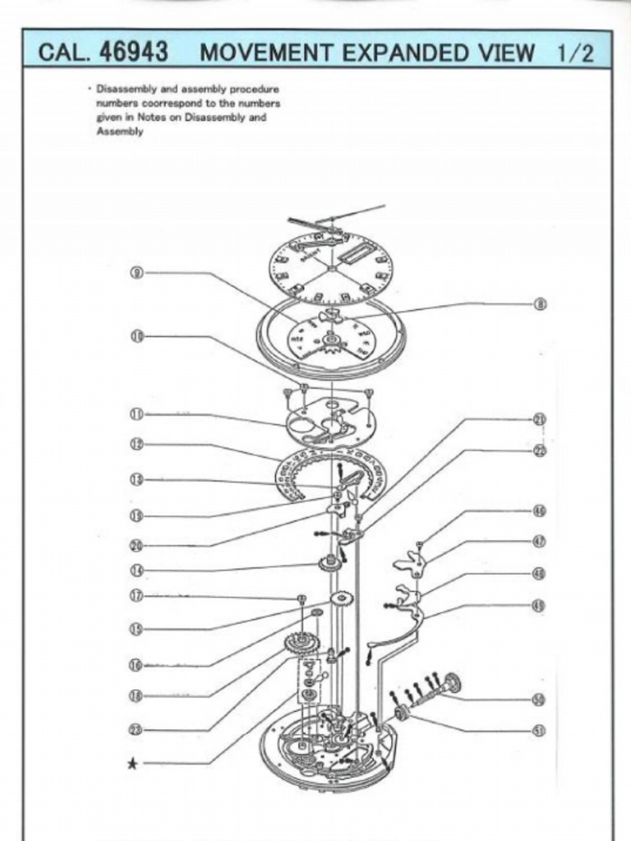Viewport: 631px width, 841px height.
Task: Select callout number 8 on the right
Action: point(540,304)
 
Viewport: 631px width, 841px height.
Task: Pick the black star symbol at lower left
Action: point(132,764)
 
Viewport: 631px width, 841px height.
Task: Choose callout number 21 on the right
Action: point(540,419)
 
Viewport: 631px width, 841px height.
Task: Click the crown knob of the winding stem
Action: point(451,682)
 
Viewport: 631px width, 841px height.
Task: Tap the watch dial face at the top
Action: point(330,268)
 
